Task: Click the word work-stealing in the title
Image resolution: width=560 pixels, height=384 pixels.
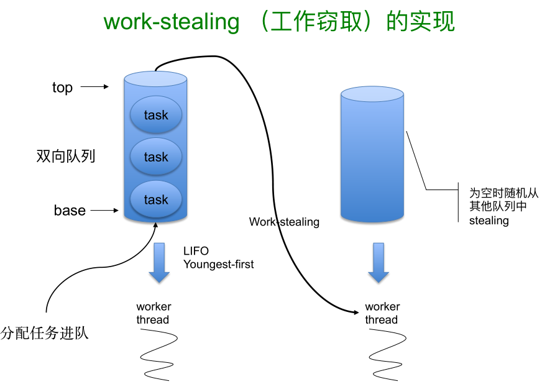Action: (x=171, y=22)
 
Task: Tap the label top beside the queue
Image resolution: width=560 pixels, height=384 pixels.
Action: (x=62, y=88)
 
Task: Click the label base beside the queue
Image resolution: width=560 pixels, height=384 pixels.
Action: (x=70, y=211)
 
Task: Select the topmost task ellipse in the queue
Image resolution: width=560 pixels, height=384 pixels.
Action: (x=156, y=115)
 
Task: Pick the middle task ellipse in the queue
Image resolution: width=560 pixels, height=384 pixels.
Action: (x=156, y=157)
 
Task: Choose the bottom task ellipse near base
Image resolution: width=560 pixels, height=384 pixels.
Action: (x=156, y=199)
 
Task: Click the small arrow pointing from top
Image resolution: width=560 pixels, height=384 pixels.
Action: (x=95, y=87)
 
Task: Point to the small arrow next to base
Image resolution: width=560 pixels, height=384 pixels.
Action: (x=104, y=211)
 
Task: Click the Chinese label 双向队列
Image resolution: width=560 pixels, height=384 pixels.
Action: (x=66, y=156)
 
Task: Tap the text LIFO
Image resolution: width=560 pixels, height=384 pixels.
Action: (x=196, y=251)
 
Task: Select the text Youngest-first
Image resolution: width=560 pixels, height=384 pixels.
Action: (x=218, y=264)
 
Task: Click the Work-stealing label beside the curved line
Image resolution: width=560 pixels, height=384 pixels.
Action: (x=284, y=222)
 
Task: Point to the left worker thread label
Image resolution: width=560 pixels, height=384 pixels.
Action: (x=154, y=313)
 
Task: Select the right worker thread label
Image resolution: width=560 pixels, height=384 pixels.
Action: (x=382, y=313)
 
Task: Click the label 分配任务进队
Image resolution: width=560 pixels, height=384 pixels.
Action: (x=45, y=333)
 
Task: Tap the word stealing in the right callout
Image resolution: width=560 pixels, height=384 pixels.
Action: (x=489, y=221)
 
